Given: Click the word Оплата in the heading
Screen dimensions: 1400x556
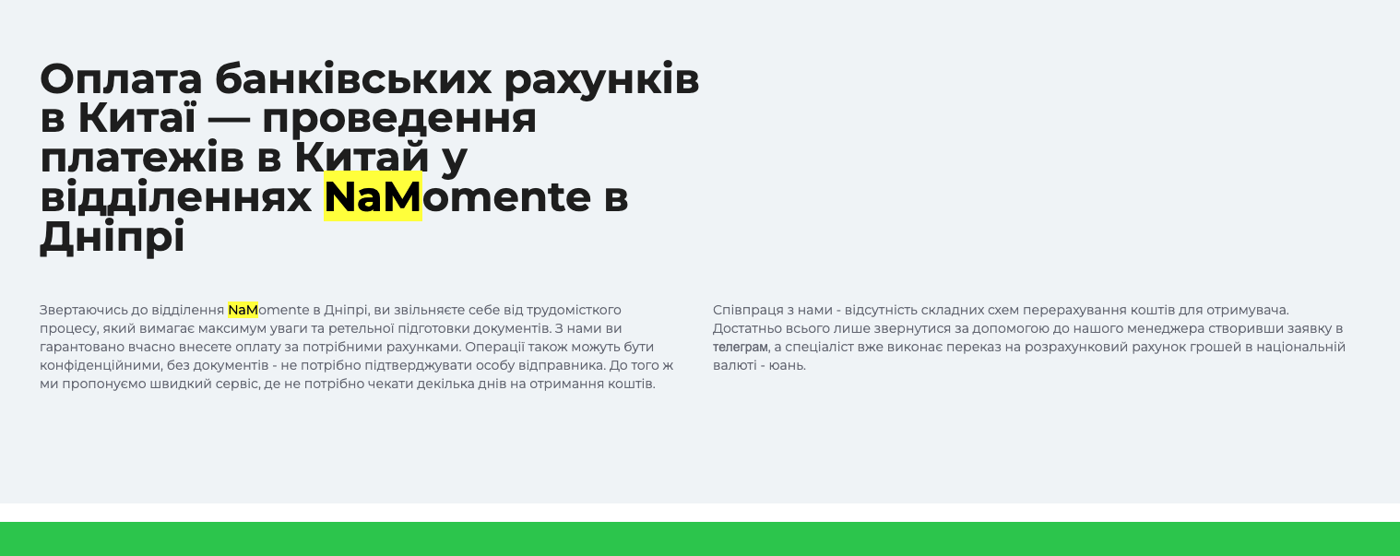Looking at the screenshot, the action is coord(121,79).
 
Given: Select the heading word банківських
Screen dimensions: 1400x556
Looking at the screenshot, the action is coord(353,79).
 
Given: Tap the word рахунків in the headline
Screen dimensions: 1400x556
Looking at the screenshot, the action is coord(601,80).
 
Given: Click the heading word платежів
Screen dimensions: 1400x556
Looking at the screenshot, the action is coord(142,158).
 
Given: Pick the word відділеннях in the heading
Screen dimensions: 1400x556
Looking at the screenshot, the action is coord(175,196).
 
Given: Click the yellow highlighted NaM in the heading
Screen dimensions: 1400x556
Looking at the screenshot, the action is coord(374,196).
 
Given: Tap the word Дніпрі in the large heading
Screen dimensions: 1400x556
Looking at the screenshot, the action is coord(113,237).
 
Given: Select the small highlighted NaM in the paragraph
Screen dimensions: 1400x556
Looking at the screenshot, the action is coord(243,310).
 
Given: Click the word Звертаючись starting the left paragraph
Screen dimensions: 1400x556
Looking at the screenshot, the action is coord(83,311).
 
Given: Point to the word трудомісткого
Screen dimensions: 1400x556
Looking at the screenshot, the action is coord(574,311).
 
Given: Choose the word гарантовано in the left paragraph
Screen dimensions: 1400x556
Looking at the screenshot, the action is coord(82,348).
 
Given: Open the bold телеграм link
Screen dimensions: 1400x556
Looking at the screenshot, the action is coord(740,348).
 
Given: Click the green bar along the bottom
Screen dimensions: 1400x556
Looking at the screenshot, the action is coord(700,538).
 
